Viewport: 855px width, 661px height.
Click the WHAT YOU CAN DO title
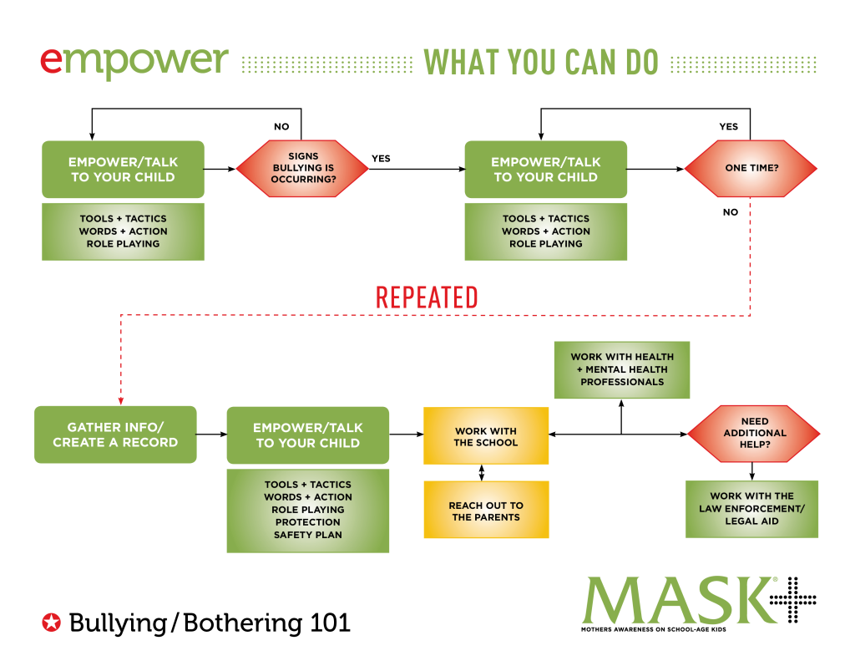(541, 64)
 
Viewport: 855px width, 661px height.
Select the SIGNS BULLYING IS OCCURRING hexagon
(302, 169)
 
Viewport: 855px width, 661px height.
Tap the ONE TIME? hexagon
(751, 169)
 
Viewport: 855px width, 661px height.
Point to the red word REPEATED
(427, 298)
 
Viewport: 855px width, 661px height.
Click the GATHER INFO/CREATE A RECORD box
(115, 435)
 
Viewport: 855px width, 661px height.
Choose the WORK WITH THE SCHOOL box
(486, 436)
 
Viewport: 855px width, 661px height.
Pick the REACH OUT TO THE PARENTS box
(486, 511)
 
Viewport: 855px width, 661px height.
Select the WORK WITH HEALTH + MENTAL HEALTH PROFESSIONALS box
(622, 369)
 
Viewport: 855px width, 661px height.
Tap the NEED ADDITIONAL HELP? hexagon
(754, 434)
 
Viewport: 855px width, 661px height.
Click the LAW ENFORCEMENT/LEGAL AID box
(751, 509)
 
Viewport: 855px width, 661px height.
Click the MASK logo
(678, 600)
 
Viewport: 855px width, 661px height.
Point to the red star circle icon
(52, 622)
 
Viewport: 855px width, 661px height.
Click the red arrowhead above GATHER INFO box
(120, 401)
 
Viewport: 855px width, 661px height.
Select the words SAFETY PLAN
(308, 535)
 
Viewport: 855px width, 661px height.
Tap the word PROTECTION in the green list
(308, 522)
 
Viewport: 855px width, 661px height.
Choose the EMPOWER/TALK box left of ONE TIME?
(545, 170)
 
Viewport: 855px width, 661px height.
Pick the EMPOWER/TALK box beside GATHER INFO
(307, 435)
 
